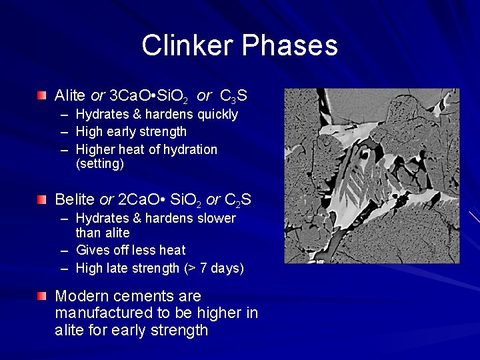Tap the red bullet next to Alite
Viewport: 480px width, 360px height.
(42, 96)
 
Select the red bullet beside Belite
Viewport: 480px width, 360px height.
(42, 199)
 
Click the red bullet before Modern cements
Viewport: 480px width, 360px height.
(42, 296)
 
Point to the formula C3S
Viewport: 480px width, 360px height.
(233, 96)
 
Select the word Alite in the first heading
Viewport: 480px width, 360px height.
(70, 95)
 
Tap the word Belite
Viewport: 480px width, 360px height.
(75, 199)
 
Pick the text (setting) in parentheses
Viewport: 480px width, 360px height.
(100, 164)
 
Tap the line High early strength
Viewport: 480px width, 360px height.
(131, 132)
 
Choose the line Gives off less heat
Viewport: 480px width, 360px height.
(131, 251)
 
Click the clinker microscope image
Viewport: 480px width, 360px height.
(361, 176)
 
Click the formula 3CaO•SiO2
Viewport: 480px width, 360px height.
(148, 96)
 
